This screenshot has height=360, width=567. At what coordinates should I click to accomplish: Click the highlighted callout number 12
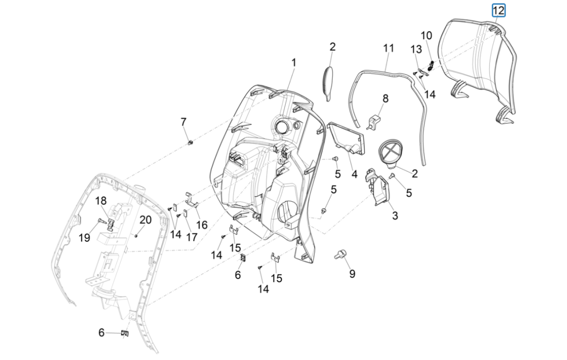point(498,10)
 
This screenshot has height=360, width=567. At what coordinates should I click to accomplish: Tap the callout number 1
point(293,62)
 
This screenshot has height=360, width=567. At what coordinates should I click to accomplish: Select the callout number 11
point(388,48)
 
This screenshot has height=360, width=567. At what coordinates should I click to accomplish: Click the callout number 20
point(146,220)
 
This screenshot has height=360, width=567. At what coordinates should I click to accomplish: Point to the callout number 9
point(352,274)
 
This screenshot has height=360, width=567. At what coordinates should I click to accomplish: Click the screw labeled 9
point(340,255)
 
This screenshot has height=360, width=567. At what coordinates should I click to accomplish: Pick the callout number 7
point(184,122)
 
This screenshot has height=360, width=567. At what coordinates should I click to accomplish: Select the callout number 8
point(386,98)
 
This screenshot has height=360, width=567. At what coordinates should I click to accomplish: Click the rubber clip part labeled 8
point(374,121)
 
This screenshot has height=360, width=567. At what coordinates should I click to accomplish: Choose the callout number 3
point(395,216)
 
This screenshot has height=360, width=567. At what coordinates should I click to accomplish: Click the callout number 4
point(354,174)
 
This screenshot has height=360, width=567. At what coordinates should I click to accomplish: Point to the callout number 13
point(415,49)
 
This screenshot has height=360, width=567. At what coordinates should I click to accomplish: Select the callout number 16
point(202,224)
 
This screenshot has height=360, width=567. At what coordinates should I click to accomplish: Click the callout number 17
point(191,237)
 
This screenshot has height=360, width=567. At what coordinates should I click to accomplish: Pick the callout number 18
point(101,201)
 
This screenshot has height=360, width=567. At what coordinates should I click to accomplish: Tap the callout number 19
point(84,238)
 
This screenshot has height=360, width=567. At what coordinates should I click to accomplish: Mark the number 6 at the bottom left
point(101,333)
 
